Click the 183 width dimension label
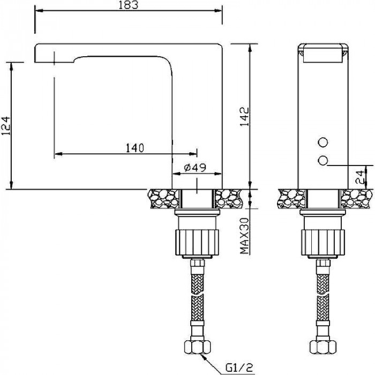click(129, 5)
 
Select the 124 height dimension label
click(6, 126)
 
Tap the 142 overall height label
click(245, 117)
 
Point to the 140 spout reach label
click(135, 148)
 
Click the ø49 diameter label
click(195, 168)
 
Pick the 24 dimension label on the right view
click(359, 177)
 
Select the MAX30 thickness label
click(244, 236)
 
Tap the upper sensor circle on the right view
click(323, 142)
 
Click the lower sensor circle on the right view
click(323, 160)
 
